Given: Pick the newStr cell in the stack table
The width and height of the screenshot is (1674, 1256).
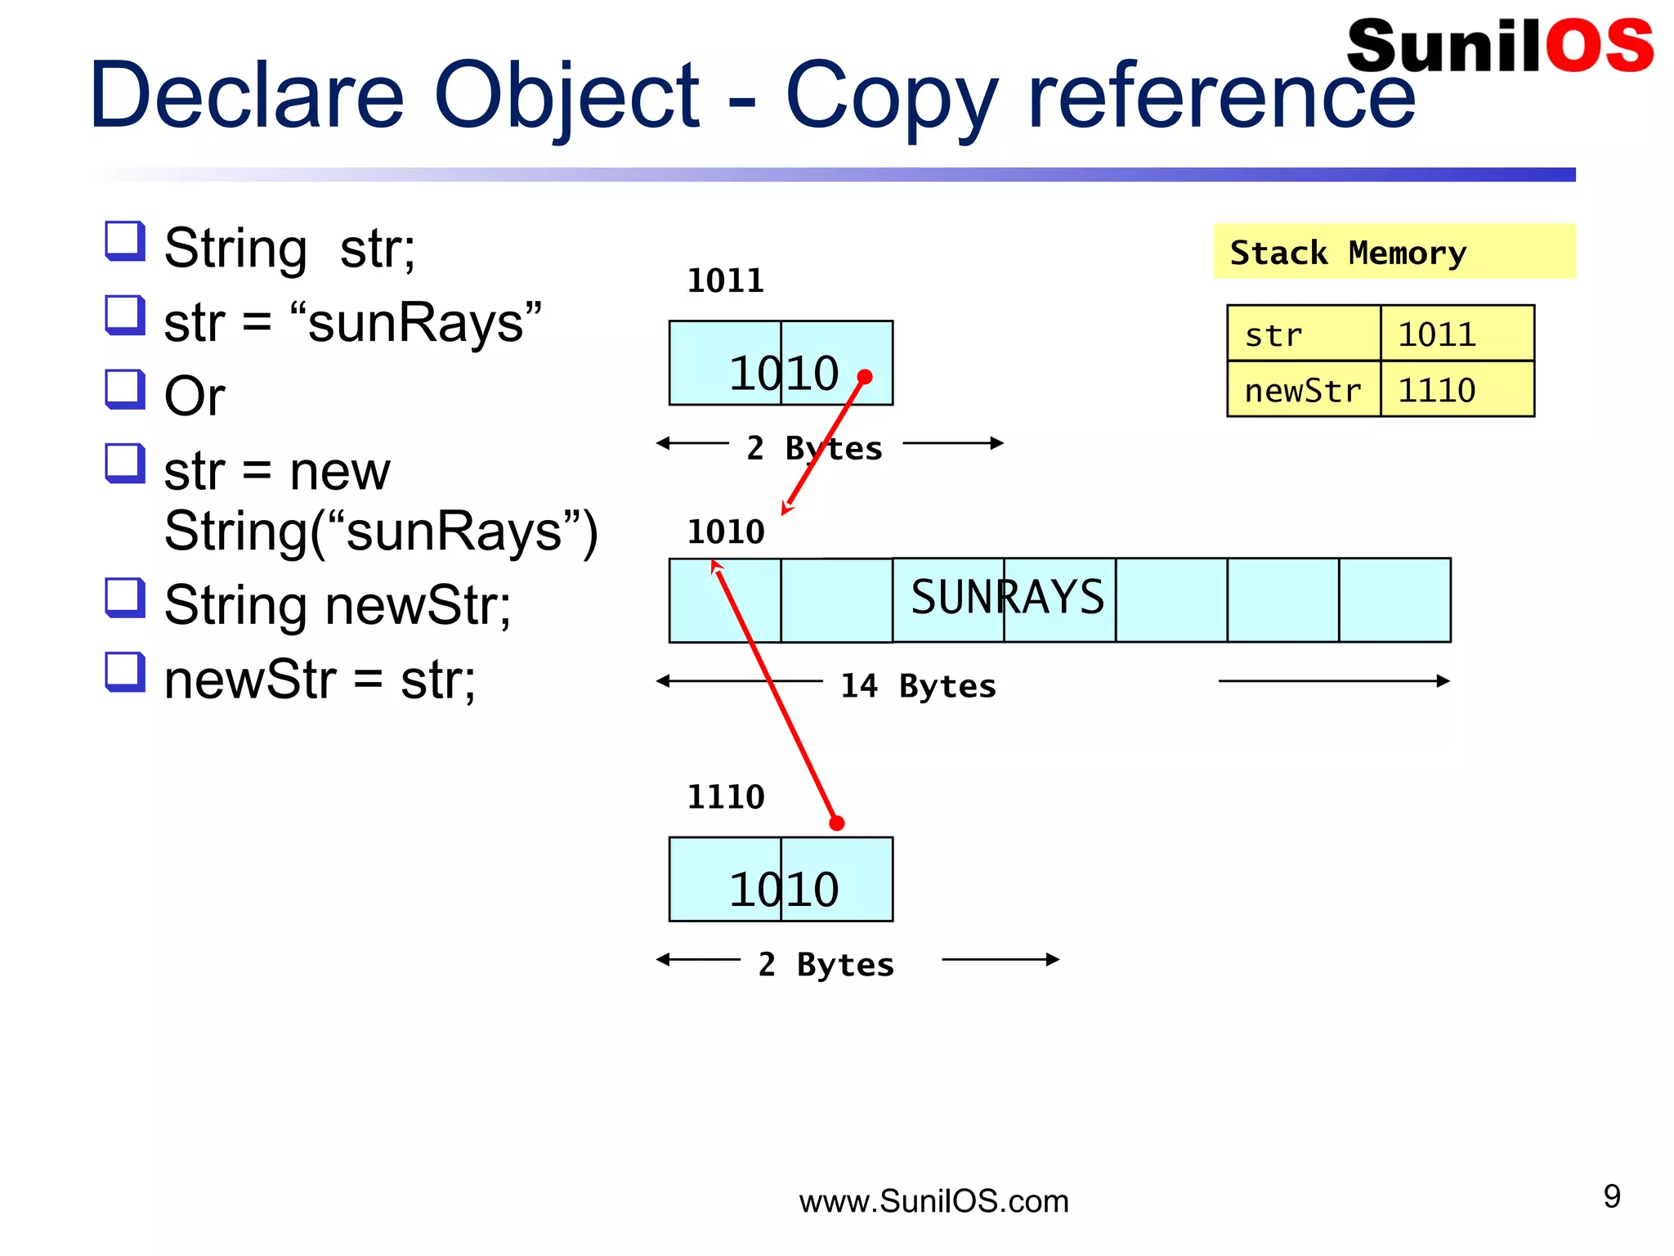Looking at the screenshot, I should [1302, 391].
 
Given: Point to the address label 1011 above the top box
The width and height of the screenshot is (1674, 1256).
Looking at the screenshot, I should [725, 280].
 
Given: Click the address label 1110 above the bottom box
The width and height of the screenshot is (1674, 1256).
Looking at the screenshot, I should [725, 796].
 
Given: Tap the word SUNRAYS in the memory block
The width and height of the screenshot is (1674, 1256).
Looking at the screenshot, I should [1007, 597].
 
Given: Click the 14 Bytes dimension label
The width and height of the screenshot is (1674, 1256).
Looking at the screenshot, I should [918, 686].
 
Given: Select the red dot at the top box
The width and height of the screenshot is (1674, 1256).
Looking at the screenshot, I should [865, 377].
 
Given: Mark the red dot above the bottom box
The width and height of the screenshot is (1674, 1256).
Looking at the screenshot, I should [836, 823].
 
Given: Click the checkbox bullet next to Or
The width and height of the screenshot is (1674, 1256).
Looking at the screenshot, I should [125, 389].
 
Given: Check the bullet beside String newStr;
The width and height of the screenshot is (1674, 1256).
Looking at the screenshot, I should [125, 598].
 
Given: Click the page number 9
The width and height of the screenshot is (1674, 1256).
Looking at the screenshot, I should [1612, 1196].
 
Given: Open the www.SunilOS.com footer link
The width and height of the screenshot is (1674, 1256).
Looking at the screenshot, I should [933, 1201].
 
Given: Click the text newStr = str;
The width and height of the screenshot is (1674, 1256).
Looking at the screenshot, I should [320, 680].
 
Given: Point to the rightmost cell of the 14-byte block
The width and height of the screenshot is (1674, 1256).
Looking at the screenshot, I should [1394, 600].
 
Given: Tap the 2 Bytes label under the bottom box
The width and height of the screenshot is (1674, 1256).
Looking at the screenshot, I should [826, 965].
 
